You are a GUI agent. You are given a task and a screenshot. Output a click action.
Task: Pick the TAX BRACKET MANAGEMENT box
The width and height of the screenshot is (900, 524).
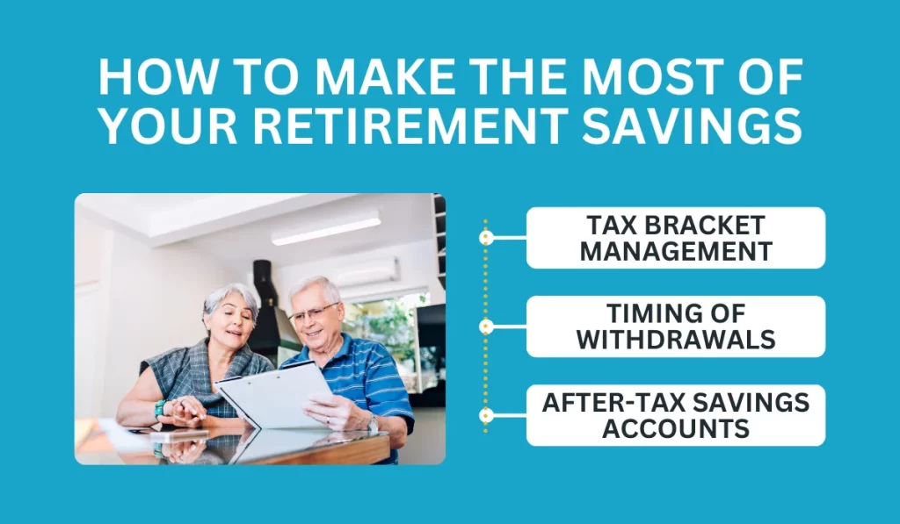675,238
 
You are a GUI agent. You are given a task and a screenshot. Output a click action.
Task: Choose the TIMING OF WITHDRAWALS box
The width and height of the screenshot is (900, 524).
675,327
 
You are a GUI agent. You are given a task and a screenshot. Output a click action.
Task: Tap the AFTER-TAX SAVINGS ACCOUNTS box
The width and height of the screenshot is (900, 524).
675,415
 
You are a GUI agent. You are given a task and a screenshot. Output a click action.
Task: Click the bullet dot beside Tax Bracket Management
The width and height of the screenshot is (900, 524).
485,237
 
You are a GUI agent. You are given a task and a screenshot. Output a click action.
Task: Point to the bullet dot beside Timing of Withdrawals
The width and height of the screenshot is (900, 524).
485,327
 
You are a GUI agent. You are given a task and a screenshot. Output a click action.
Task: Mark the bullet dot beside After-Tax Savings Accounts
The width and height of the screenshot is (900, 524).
485,415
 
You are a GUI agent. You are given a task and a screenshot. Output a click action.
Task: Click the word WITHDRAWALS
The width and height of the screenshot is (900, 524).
675,340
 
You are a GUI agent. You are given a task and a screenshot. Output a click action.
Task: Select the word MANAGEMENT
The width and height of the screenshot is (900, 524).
675,252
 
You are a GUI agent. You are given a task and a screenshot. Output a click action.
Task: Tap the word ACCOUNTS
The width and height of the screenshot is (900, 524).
675,429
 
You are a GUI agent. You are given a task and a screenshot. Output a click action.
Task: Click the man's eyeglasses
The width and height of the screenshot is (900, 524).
314,312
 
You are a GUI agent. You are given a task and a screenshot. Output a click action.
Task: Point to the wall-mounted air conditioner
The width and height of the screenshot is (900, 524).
365,274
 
